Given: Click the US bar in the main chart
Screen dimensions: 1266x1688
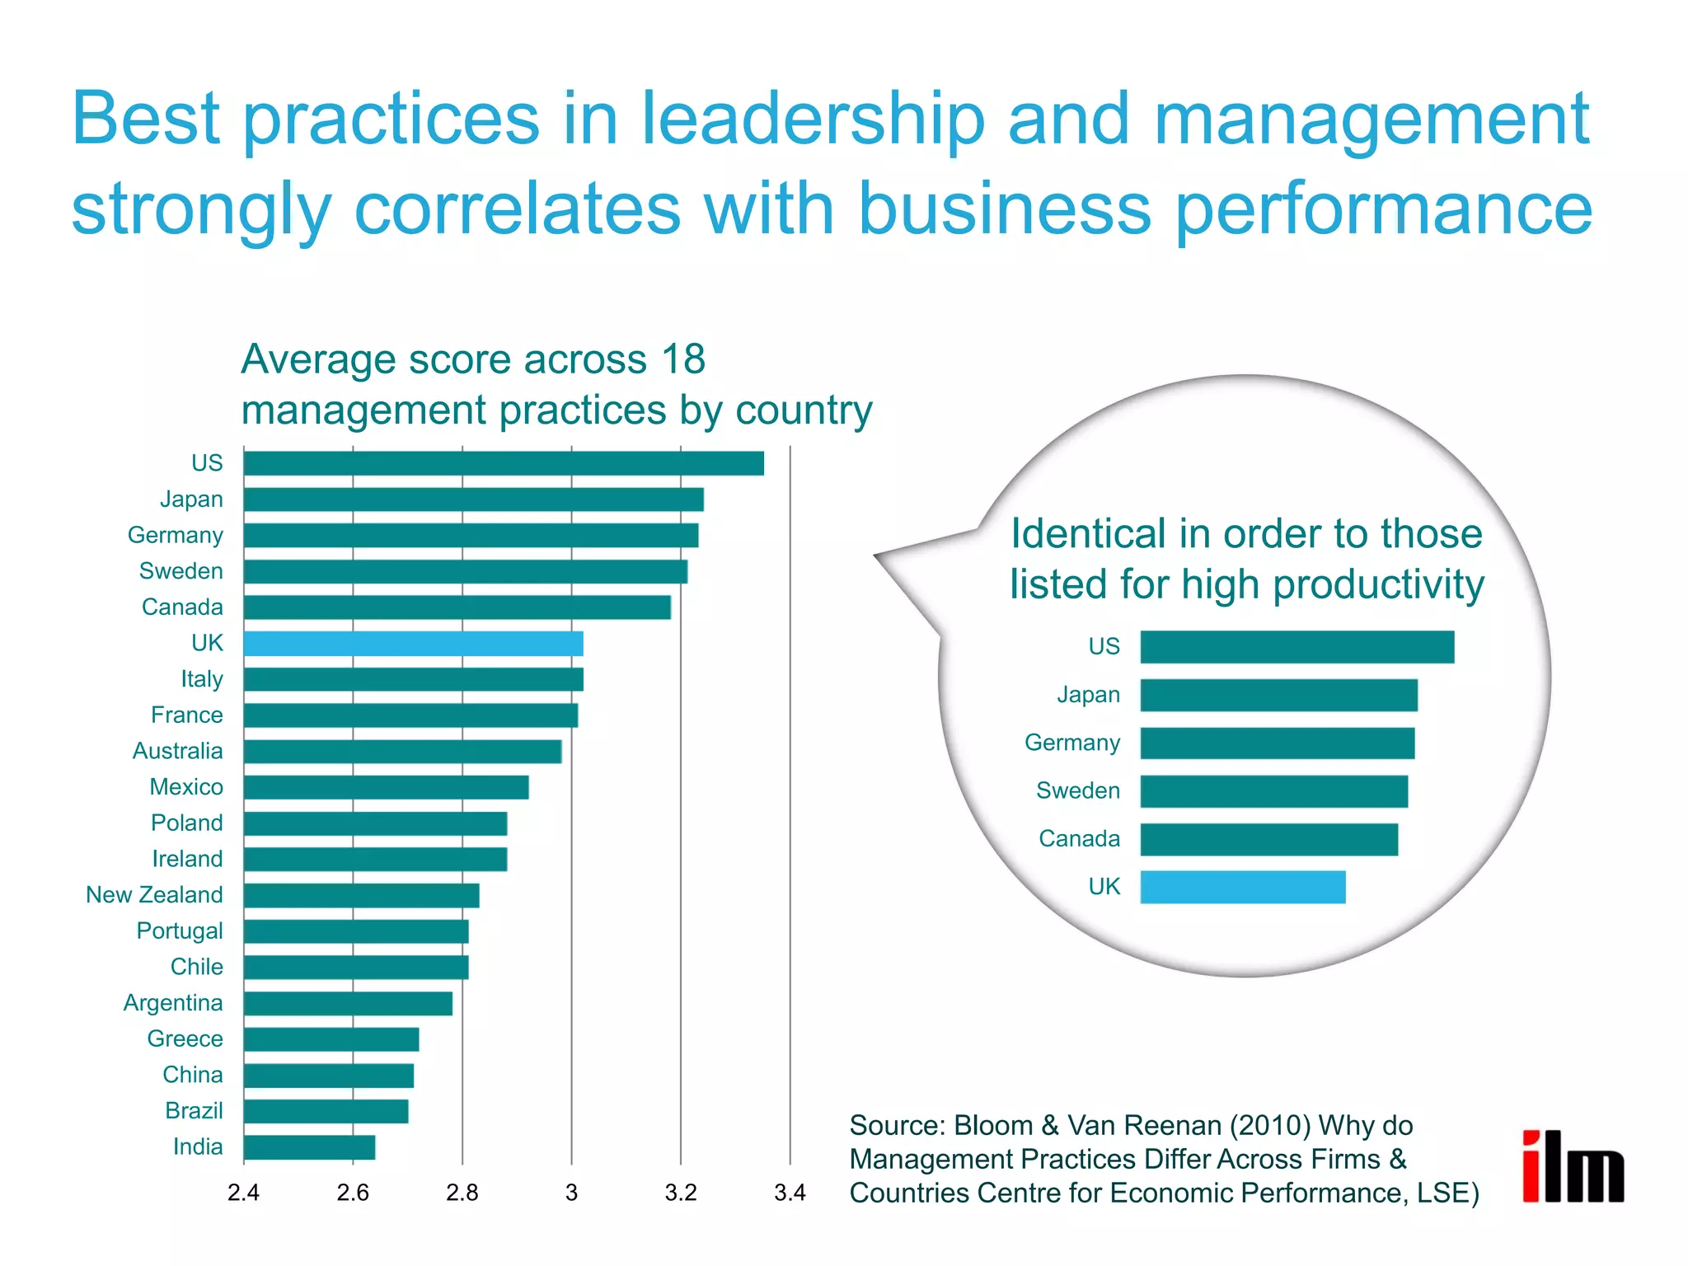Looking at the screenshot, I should tap(504, 463).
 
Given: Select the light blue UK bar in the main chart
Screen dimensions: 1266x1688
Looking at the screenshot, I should tap(413, 644).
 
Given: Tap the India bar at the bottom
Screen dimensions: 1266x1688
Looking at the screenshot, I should tap(309, 1147).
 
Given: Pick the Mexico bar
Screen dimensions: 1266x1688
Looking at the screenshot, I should tap(386, 787).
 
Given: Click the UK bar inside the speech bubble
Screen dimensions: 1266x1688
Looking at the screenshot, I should tap(1243, 887).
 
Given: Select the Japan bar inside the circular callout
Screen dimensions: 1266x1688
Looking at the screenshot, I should tap(1278, 696).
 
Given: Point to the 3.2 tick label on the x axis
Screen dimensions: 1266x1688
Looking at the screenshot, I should tap(681, 1193).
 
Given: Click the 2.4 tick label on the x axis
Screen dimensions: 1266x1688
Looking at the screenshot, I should tap(243, 1193).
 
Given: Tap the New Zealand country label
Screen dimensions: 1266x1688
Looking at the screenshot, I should tap(154, 895).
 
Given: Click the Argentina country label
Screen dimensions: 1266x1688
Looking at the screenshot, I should tap(173, 1003).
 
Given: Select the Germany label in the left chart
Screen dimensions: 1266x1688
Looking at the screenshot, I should tap(175, 536).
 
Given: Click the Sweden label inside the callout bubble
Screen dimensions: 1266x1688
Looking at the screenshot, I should tap(1077, 791).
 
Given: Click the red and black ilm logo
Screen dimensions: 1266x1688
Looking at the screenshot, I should tap(1573, 1167).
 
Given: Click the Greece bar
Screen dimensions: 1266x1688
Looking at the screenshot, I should tap(331, 1039).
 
